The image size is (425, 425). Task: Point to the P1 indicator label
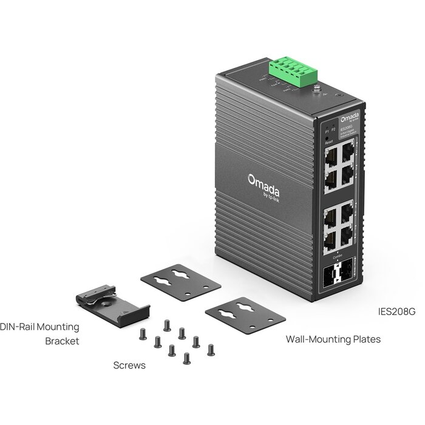(x=326, y=131)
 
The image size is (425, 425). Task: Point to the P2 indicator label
(x=333, y=129)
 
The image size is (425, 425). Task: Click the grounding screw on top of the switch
(x=316, y=89)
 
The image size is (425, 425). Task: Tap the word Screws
(x=129, y=365)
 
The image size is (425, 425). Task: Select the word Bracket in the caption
(x=62, y=341)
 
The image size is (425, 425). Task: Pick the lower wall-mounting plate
(x=245, y=315)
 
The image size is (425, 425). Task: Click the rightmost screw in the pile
(x=211, y=349)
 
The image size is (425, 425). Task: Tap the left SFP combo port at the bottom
(x=330, y=278)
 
